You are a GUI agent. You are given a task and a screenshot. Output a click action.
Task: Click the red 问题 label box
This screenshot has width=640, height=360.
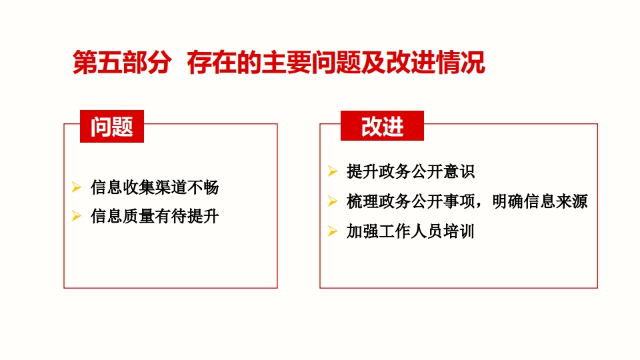tap(112, 126)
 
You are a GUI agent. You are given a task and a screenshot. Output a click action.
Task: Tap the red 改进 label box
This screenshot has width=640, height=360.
tap(382, 126)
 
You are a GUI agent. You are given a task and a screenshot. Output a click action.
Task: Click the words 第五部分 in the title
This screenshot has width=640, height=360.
tap(121, 63)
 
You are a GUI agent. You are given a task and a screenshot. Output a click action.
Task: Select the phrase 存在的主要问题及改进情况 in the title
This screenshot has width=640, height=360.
tap(336, 63)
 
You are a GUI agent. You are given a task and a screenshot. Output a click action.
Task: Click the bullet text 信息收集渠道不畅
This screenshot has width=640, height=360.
tap(155, 187)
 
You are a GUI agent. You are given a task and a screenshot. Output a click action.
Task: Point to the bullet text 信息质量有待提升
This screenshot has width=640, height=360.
tap(155, 216)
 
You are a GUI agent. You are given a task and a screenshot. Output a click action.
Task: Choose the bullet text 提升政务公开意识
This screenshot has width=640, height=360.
tap(411, 171)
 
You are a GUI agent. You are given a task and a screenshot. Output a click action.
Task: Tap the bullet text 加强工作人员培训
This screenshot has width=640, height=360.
tap(411, 231)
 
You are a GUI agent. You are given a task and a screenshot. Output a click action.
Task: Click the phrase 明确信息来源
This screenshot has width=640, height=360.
tap(539, 201)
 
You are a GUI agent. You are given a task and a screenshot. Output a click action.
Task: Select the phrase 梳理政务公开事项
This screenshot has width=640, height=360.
tap(411, 201)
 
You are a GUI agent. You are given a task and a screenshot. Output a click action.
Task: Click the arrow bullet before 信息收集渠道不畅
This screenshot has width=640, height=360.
tap(76, 187)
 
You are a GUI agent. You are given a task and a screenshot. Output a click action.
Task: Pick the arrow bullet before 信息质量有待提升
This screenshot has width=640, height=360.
tap(76, 216)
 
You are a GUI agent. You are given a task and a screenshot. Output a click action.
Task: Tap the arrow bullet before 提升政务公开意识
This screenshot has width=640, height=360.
tap(333, 171)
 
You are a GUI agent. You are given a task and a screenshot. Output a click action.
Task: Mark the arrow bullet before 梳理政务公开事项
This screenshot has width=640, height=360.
tap(333, 201)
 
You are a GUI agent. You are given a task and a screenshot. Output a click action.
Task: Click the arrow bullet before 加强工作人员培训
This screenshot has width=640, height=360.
tap(333, 231)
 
